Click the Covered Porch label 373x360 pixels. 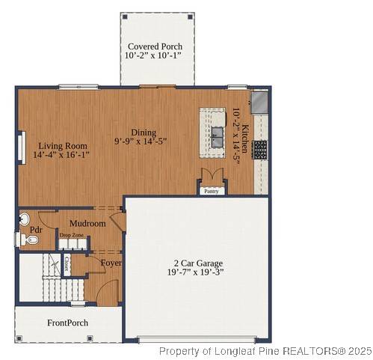click(x=155, y=46)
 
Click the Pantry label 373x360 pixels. click(x=212, y=191)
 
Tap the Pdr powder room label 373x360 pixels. click(x=35, y=231)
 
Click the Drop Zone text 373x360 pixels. click(x=72, y=235)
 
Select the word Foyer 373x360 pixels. click(x=111, y=263)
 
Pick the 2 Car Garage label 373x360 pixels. click(x=198, y=263)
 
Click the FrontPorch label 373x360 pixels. click(x=67, y=323)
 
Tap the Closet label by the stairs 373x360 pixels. click(x=67, y=263)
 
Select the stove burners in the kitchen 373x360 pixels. click(x=259, y=150)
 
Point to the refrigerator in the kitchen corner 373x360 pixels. click(x=259, y=101)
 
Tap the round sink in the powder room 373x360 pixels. click(x=23, y=219)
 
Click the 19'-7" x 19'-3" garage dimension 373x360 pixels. click(x=198, y=274)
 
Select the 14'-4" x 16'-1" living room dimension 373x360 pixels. click(x=61, y=156)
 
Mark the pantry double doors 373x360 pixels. click(x=212, y=176)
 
